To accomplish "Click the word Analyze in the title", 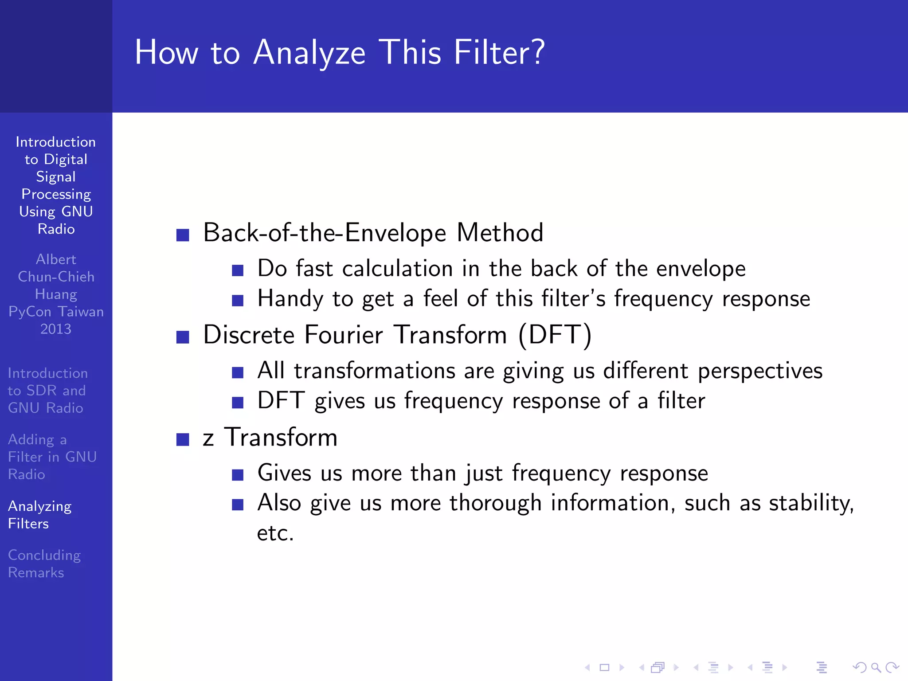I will (x=309, y=53).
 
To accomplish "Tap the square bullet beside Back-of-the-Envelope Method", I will (x=183, y=235).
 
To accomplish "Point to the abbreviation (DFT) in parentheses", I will (x=555, y=335).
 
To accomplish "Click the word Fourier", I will (x=344, y=335).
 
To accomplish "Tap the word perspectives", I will (x=760, y=371).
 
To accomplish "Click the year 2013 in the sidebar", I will (x=56, y=329).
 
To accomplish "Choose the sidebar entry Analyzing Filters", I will (x=39, y=515).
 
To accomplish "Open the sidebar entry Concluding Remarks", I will (x=44, y=564).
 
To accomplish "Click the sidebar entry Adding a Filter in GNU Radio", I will (x=52, y=457).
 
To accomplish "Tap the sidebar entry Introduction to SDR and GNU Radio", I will (x=47, y=391).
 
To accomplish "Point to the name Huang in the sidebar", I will (x=56, y=294).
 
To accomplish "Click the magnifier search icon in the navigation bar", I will (x=876, y=667).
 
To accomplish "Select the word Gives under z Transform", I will (x=284, y=473).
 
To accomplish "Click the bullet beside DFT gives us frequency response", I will (x=238, y=402).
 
